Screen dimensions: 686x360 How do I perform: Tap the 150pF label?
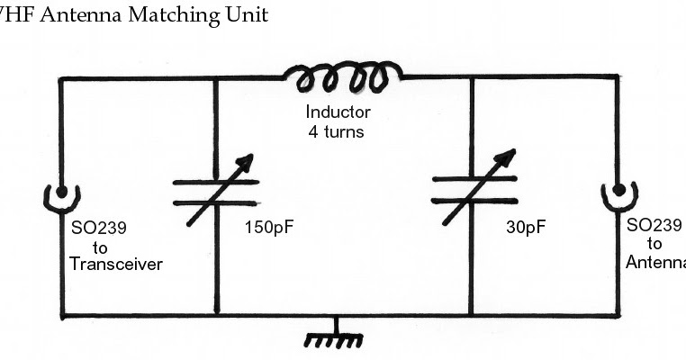269,227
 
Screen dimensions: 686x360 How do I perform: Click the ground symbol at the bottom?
335,331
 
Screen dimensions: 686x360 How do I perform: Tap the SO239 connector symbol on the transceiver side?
62,194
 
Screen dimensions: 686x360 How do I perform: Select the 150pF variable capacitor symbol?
217,192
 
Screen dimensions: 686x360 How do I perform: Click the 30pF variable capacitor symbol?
474,190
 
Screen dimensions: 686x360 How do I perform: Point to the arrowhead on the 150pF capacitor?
247,163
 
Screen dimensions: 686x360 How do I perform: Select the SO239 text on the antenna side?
654,225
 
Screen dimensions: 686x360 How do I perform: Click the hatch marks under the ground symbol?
335,342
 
